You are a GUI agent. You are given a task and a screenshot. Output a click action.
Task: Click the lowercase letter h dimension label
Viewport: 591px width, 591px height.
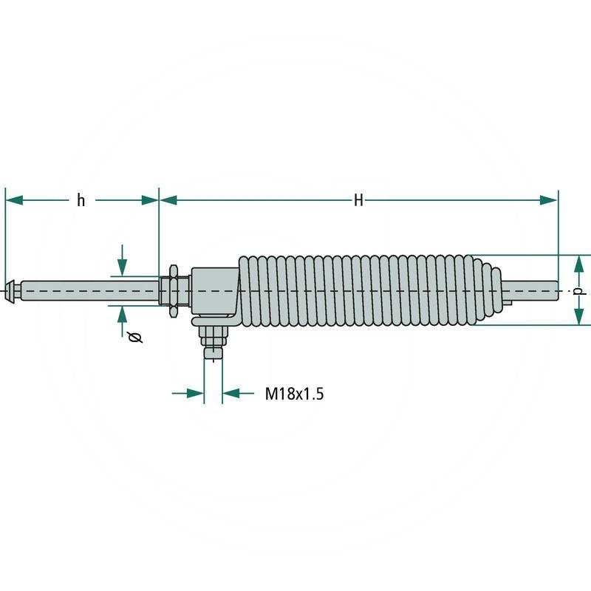click(81, 200)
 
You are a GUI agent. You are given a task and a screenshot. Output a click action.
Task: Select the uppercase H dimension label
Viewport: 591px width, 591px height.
click(358, 200)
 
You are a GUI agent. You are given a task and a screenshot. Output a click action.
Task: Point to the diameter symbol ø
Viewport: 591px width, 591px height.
click(134, 338)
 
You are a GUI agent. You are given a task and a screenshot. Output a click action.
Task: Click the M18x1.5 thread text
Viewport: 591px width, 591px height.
click(294, 394)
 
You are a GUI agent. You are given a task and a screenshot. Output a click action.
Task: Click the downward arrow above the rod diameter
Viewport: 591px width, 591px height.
click(123, 267)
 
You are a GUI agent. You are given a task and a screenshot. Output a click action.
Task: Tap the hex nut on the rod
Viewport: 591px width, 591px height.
click(172, 290)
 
